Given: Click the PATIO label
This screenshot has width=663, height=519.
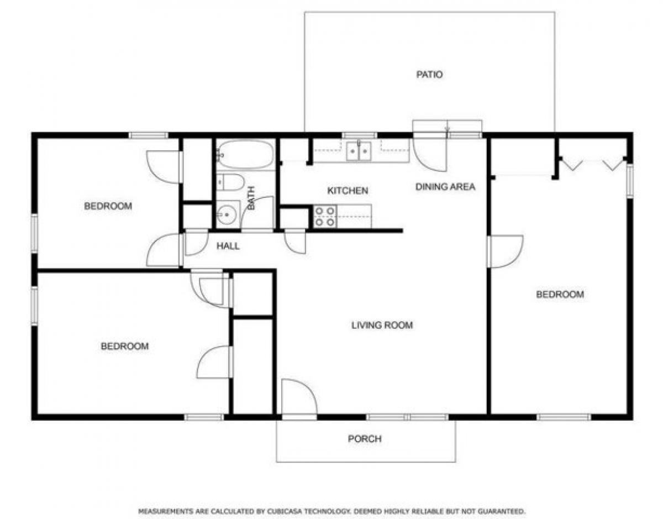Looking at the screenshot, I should (429, 75).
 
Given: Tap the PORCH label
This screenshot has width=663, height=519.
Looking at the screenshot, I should (364, 439).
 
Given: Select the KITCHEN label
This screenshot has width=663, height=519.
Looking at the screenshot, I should (348, 191).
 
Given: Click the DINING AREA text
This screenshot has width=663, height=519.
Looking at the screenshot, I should (445, 187).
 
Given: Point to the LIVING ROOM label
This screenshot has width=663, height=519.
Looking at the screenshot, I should (382, 325).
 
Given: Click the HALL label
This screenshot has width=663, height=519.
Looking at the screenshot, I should (228, 246).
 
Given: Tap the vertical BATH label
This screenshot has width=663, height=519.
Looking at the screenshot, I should (251, 198).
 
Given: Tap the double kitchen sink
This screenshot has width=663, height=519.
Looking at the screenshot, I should (359, 151).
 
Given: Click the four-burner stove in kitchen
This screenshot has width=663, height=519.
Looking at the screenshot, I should (325, 216).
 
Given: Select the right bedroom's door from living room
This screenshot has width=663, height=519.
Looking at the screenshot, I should (505, 251).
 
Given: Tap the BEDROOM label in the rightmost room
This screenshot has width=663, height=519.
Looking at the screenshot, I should (560, 294).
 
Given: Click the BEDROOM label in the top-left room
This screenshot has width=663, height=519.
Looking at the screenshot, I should (108, 206).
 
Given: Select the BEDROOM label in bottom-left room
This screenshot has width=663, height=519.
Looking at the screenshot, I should (124, 346).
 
